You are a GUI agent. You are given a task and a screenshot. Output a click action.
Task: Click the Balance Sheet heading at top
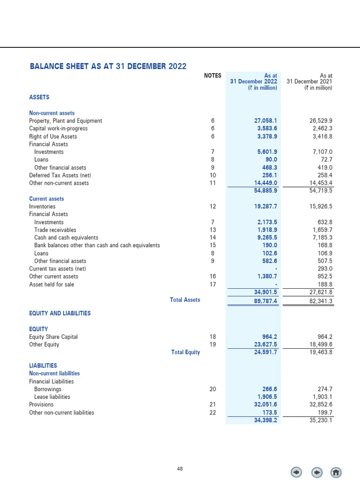[x=108, y=66]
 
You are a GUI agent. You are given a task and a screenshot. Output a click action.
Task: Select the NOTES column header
[x=213, y=75]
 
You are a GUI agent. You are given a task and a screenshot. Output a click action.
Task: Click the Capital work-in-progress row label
[x=58, y=128]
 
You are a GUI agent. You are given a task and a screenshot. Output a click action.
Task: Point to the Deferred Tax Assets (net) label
[x=63, y=175]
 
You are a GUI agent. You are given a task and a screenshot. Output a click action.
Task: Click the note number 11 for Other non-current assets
[x=213, y=183]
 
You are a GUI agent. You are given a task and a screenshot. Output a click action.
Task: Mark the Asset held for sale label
[x=51, y=284]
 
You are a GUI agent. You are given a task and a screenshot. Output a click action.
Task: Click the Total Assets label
[x=185, y=300]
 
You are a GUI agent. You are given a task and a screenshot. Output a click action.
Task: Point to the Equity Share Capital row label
[x=53, y=337]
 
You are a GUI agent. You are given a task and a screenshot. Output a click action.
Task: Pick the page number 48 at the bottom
[x=180, y=469]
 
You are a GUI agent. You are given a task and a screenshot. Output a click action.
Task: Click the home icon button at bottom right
[x=336, y=472]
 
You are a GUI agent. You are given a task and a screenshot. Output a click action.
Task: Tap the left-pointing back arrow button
[x=296, y=472]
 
